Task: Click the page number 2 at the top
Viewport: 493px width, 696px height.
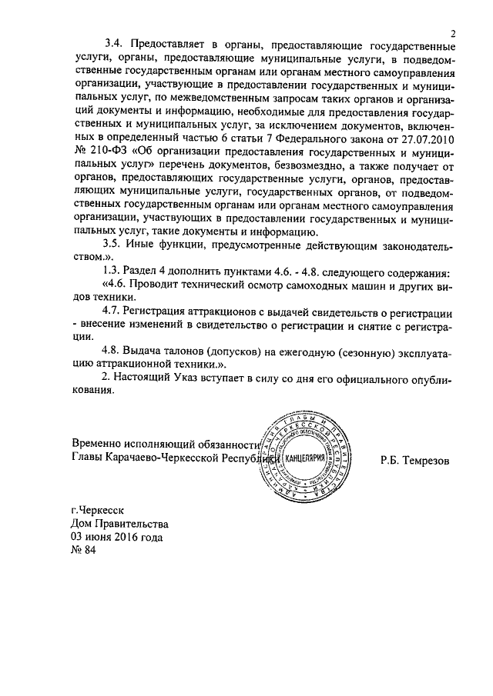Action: [454, 33]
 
